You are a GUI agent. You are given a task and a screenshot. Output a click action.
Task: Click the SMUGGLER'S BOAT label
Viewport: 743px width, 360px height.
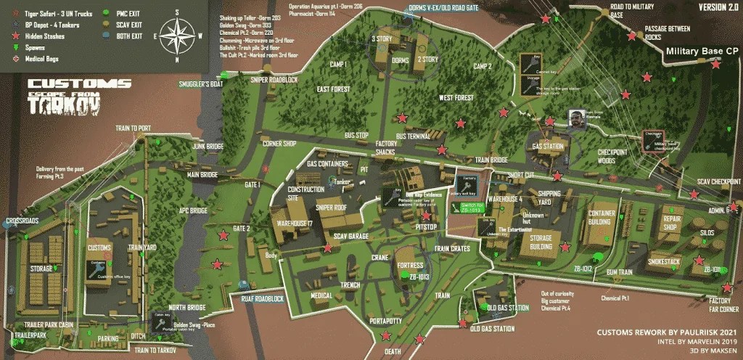point(200,84)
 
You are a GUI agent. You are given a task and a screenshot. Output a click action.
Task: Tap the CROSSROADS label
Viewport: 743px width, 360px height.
point(22,221)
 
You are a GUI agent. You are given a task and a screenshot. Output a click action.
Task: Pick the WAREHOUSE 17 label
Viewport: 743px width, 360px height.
point(292,223)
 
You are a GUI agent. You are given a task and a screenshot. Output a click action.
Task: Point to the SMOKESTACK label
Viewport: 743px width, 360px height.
point(663,261)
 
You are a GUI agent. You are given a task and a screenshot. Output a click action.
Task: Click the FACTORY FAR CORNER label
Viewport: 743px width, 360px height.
point(724,305)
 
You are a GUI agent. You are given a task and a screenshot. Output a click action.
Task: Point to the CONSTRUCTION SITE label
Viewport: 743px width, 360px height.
point(305,194)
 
